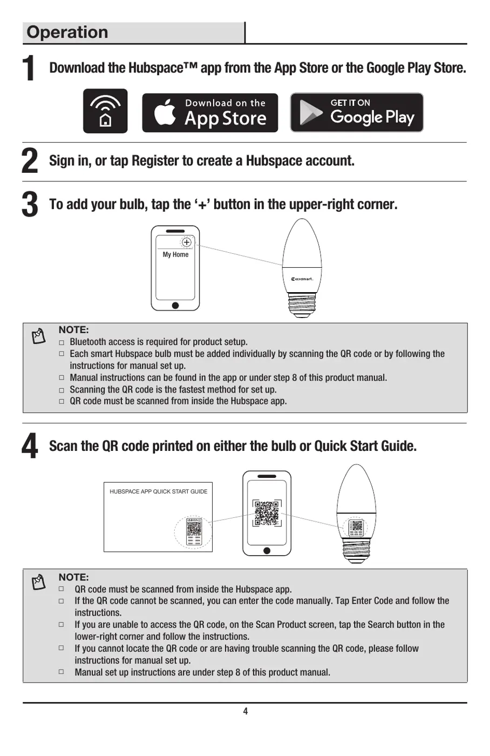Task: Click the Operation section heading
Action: pyautogui.click(x=67, y=32)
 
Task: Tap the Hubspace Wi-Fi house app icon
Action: pyautogui.click(x=105, y=111)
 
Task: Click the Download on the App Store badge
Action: pyautogui.click(x=210, y=112)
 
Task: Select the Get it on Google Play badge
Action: pyautogui.click(x=357, y=112)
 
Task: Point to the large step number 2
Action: pyautogui.click(x=30, y=161)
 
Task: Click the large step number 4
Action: pyautogui.click(x=30, y=447)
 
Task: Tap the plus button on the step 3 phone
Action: pyautogui.click(x=186, y=242)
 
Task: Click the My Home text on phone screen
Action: pyautogui.click(x=175, y=254)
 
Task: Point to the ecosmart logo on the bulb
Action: pyautogui.click(x=302, y=279)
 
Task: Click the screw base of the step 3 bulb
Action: pyautogui.click(x=302, y=304)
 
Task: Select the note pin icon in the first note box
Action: pyautogui.click(x=39, y=336)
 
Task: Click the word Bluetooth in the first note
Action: pyautogui.click(x=89, y=342)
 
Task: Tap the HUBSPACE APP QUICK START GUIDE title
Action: pyautogui.click(x=158, y=491)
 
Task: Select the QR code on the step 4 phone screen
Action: pyautogui.click(x=267, y=513)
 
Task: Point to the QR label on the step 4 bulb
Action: pyautogui.click(x=356, y=528)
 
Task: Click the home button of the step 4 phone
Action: pyautogui.click(x=267, y=551)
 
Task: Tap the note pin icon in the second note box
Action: pyautogui.click(x=39, y=582)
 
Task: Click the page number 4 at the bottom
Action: pyautogui.click(x=245, y=711)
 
